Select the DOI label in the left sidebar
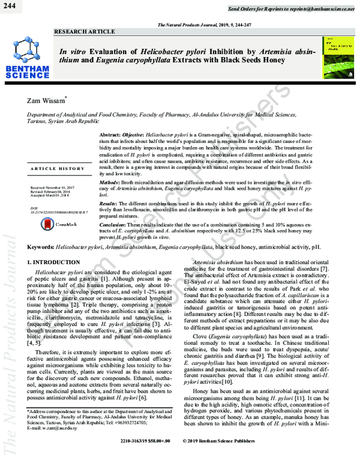(x=34, y=208)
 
